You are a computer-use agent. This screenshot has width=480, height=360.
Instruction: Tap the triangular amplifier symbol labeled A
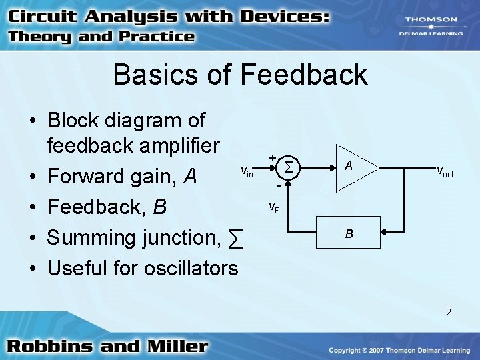pos(353,167)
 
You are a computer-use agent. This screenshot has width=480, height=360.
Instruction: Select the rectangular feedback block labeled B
pos(349,233)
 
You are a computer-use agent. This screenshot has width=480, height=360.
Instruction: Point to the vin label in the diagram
pos(247,172)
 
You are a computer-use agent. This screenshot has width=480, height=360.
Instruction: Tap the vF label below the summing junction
pos(274,207)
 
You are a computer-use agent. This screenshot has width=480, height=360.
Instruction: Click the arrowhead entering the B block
pos(386,233)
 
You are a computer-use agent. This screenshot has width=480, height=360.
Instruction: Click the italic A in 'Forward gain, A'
pos(190,177)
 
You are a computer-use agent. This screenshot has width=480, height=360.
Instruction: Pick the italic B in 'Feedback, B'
pos(159,207)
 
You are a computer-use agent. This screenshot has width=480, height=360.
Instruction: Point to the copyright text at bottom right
pos(399,351)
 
